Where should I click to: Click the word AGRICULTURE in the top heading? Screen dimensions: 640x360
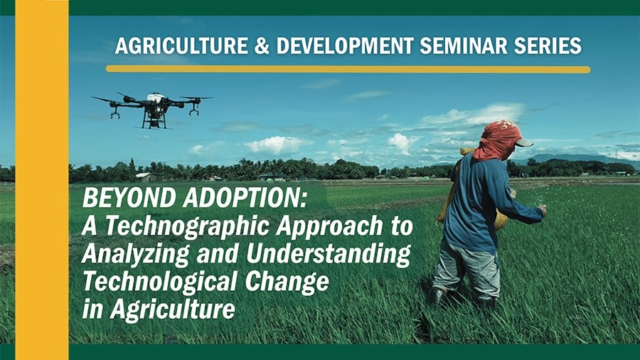click(x=181, y=46)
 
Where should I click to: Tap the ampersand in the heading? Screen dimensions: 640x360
click(x=262, y=46)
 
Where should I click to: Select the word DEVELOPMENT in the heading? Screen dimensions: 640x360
click(x=345, y=46)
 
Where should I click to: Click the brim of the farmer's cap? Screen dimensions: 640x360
click(x=525, y=143)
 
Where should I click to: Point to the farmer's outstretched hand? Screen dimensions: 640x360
click(x=543, y=210)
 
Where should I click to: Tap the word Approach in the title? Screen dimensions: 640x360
click(x=329, y=227)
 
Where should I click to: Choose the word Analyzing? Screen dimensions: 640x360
click(x=136, y=254)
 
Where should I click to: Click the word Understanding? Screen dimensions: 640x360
click(x=329, y=254)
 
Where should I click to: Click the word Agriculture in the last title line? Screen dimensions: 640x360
click(x=172, y=309)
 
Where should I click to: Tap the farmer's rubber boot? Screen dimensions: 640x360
click(x=436, y=297)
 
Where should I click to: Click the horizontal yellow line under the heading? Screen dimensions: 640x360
click(x=348, y=70)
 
